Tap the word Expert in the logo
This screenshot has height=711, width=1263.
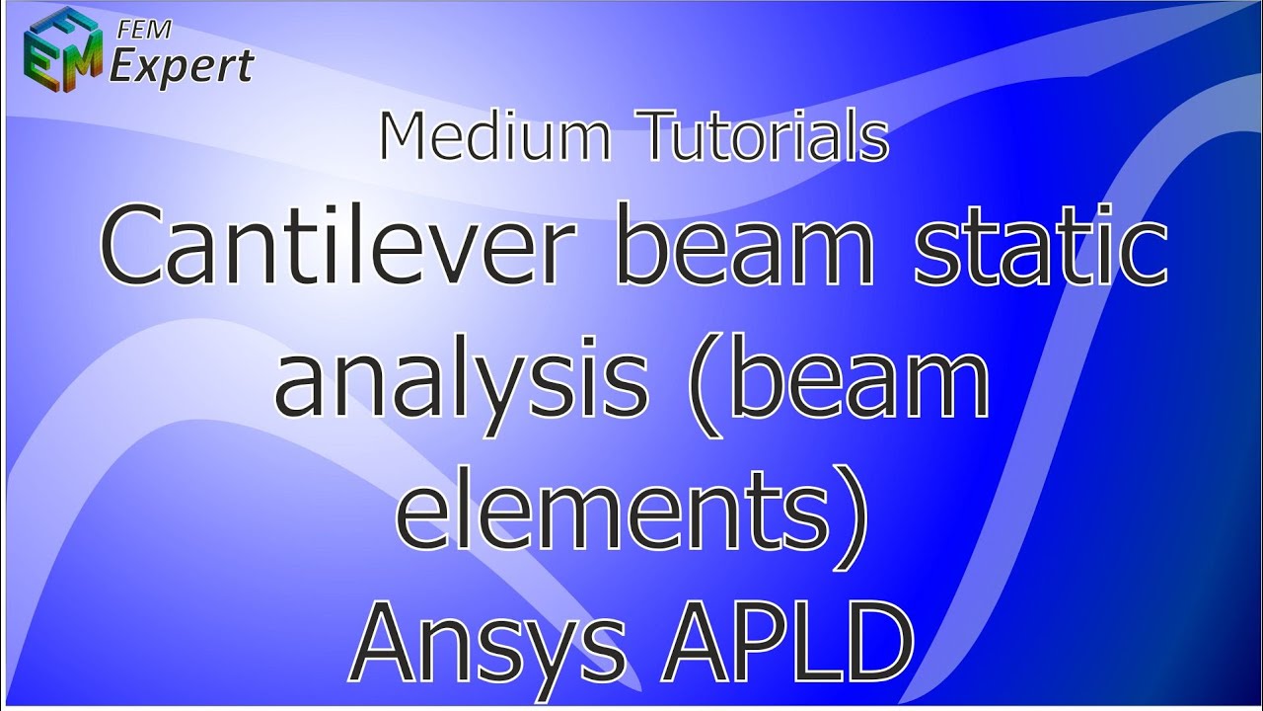click(181, 66)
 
